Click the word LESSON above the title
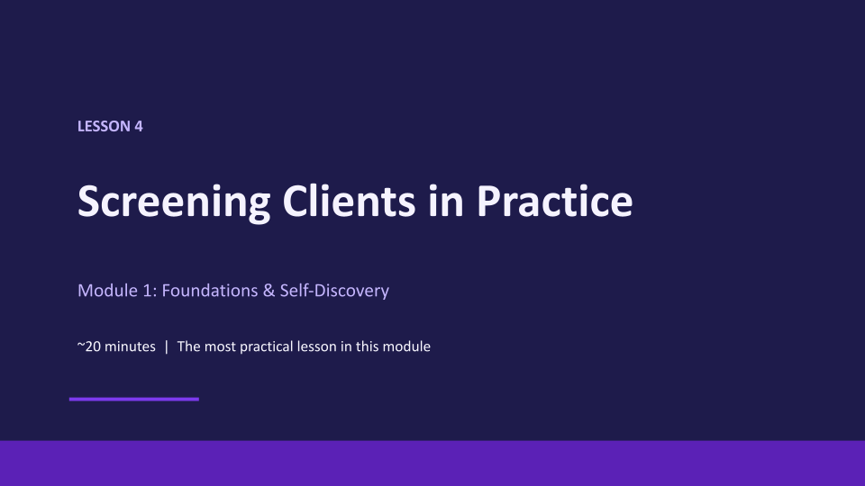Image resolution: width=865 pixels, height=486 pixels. tap(104, 126)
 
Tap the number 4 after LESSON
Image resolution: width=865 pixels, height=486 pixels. tap(139, 126)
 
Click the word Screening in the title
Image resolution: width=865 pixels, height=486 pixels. tap(174, 202)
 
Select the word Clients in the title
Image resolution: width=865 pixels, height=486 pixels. tap(349, 201)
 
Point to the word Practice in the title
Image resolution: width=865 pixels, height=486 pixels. tap(554, 201)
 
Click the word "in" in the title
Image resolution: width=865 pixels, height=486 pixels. tap(446, 201)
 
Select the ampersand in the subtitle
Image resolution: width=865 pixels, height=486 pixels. tap(269, 291)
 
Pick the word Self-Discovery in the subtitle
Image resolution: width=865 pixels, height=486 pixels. tap(334, 291)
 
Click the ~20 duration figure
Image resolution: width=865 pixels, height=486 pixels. tap(89, 346)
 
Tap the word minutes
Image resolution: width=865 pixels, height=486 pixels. tap(130, 346)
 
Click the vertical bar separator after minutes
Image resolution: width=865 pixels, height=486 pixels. tap(166, 346)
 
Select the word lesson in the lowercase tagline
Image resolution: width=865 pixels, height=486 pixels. tap(316, 346)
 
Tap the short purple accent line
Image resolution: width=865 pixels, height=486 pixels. tap(134, 399)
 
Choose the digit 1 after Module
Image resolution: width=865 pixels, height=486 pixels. tap(148, 291)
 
